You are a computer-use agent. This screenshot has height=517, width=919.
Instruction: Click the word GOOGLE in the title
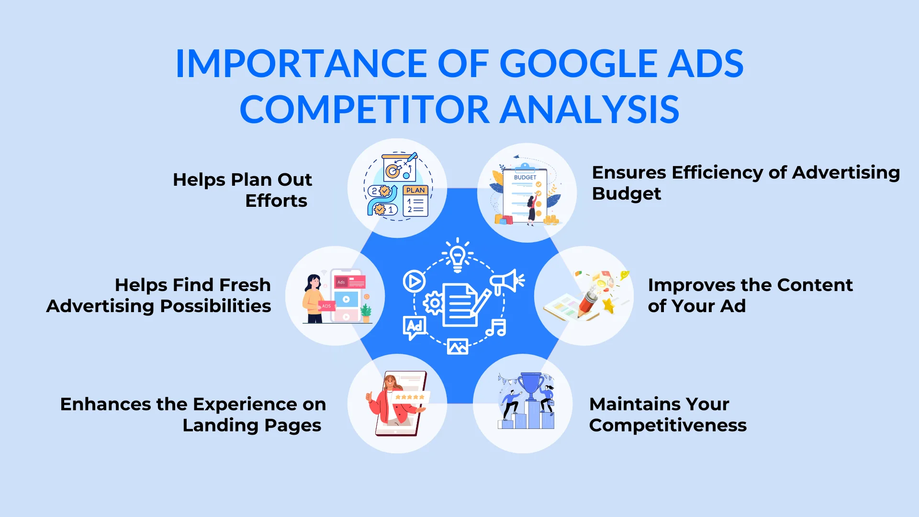579,64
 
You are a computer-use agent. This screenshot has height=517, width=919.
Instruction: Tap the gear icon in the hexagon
434,303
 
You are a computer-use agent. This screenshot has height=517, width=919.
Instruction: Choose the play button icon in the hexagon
414,281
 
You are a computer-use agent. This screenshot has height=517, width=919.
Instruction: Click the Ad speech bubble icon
414,327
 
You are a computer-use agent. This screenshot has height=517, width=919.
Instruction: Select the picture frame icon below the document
458,346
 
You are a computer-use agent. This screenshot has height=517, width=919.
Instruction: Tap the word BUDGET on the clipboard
525,177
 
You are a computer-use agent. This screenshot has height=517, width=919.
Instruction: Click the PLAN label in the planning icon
415,190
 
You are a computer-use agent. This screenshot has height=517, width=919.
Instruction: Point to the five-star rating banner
410,397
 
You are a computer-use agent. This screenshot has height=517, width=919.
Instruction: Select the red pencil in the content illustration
588,303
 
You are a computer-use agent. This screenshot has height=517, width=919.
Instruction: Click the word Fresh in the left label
246,285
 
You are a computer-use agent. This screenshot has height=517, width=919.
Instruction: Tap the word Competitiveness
668,425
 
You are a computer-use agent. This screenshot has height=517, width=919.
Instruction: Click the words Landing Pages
252,425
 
